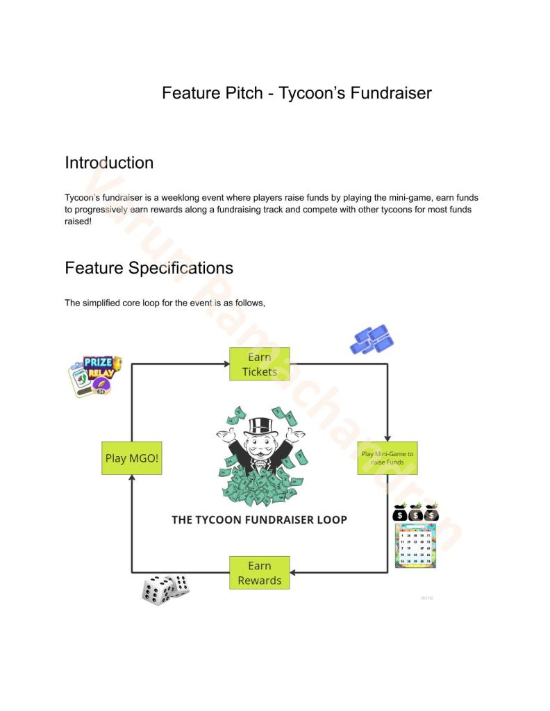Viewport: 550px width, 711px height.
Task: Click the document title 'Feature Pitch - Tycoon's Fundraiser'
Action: [297, 92]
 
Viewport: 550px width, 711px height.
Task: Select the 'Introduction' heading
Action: [109, 162]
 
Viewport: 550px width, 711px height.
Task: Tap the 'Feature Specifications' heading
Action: [149, 267]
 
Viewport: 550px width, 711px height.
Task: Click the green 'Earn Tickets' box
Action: [259, 364]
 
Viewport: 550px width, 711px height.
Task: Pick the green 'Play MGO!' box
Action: [131, 458]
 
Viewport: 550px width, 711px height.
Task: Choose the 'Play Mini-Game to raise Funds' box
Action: [387, 458]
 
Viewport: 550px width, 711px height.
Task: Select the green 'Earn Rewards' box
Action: [259, 573]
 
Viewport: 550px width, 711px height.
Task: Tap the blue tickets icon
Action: [372, 340]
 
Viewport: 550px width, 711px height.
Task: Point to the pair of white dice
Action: [165, 588]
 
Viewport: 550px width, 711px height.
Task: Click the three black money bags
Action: [415, 512]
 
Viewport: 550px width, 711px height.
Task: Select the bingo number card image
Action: [415, 546]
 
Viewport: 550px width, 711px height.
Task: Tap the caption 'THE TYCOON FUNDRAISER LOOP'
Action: [259, 519]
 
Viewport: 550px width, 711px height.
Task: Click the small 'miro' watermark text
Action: [426, 597]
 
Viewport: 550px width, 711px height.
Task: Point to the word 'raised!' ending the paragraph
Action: [78, 220]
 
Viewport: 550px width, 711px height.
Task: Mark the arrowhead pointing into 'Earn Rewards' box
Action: [294, 573]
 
